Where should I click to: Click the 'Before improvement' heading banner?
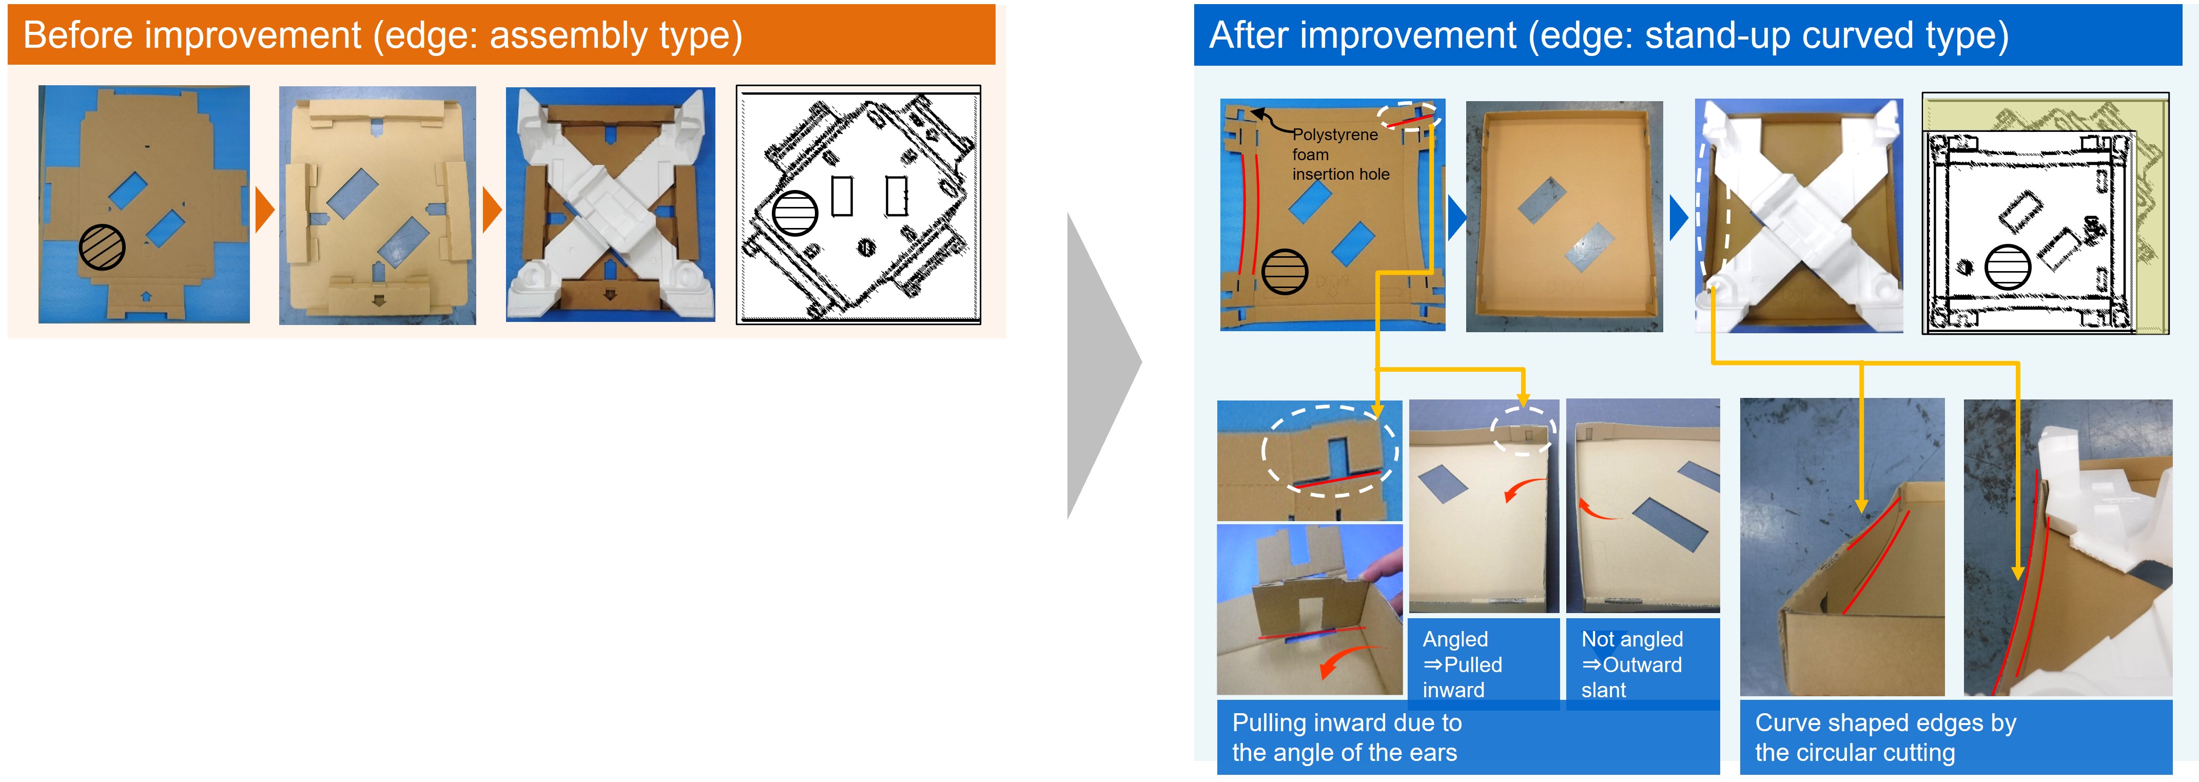pos(501,35)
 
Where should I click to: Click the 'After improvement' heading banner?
pos(1687,35)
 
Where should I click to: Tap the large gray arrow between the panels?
pos(1104,366)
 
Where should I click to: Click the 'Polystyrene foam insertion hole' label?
pos(1340,155)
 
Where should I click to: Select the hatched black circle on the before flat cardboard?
pos(102,247)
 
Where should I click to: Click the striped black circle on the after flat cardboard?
pos(1284,272)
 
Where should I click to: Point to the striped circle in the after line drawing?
pos(2008,267)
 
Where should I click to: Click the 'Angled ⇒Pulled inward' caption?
pos(1462,664)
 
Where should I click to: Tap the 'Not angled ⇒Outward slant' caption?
pos(1631,664)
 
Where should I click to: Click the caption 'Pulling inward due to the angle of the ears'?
pos(1346,738)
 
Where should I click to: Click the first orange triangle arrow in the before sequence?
pos(265,209)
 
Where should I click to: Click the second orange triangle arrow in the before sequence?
pos(492,209)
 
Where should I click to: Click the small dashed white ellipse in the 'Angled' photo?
pos(1523,429)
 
